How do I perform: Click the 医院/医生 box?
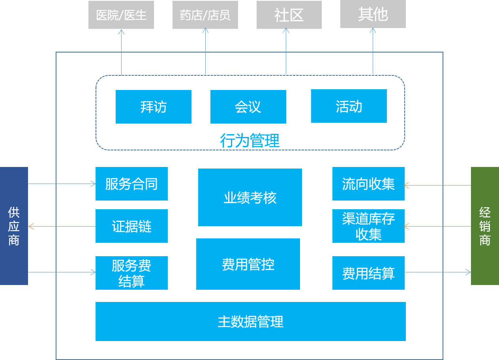tap(121, 15)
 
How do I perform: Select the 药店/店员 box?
tap(205, 15)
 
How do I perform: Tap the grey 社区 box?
tap(289, 15)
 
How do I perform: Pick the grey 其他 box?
tap(373, 14)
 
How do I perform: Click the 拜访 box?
tap(154, 107)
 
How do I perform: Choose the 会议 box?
tap(248, 107)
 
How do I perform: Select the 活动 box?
tap(349, 106)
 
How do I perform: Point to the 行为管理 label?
tap(250, 141)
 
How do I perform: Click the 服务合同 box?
tap(131, 184)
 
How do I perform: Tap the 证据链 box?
tap(131, 226)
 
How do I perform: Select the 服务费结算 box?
tap(131, 273)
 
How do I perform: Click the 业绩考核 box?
tap(250, 197)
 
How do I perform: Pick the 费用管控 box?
tap(248, 264)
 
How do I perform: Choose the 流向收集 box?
tap(368, 184)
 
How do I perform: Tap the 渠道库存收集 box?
tap(368, 226)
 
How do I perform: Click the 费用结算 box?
tap(368, 273)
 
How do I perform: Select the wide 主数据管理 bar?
tap(251, 322)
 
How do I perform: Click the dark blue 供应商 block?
tap(14, 226)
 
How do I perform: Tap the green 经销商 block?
tap(485, 226)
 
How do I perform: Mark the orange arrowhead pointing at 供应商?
tap(31, 227)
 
